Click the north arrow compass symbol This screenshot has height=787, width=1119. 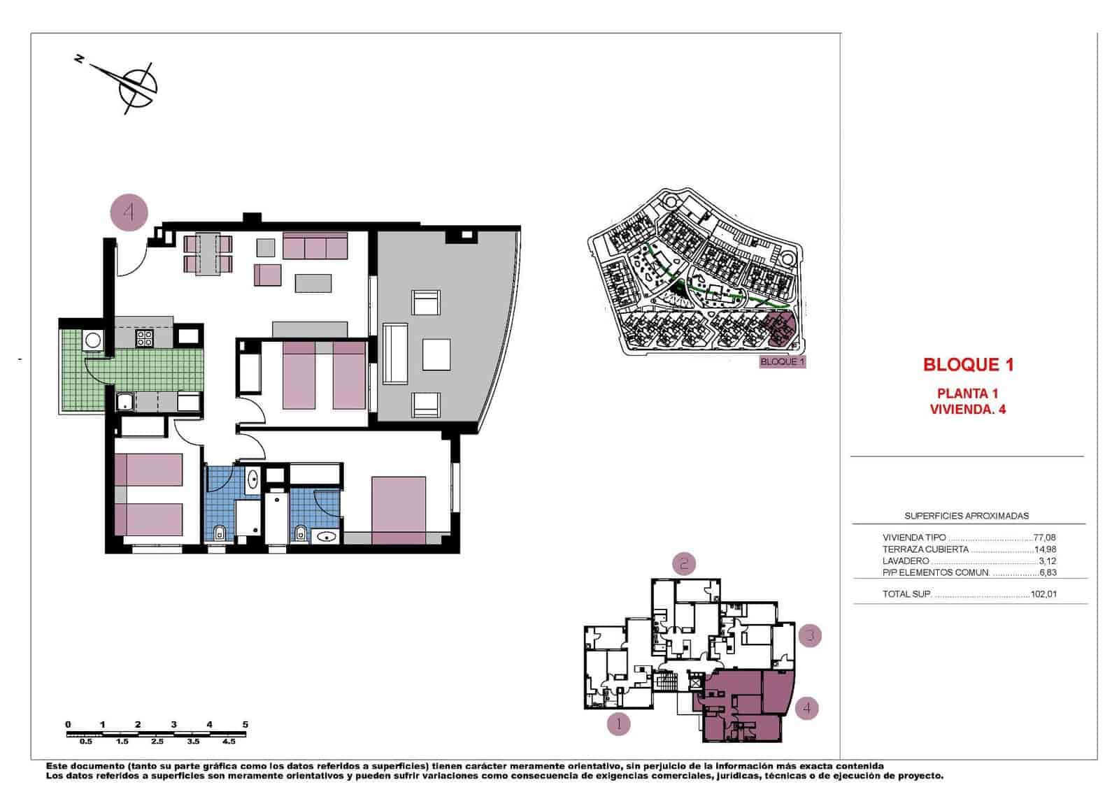coord(136,87)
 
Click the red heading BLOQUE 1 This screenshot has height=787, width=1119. coord(968,364)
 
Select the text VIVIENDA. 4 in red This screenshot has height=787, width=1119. coord(968,410)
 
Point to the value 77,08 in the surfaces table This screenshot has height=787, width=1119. coord(1044,537)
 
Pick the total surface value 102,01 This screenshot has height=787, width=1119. coord(1043,595)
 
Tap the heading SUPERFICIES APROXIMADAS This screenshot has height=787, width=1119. coord(967,516)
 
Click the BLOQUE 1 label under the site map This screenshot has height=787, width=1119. coord(783,362)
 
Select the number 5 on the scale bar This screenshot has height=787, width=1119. coord(245,725)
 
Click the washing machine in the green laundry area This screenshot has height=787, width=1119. coord(92,340)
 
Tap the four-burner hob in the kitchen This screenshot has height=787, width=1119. coord(144,338)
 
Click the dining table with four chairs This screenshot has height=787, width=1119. coord(208,254)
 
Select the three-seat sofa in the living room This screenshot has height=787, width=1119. coord(315,246)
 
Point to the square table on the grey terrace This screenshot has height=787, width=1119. coord(436,354)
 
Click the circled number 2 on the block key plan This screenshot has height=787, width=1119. coord(684,563)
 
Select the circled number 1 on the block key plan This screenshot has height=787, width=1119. coord(618,724)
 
